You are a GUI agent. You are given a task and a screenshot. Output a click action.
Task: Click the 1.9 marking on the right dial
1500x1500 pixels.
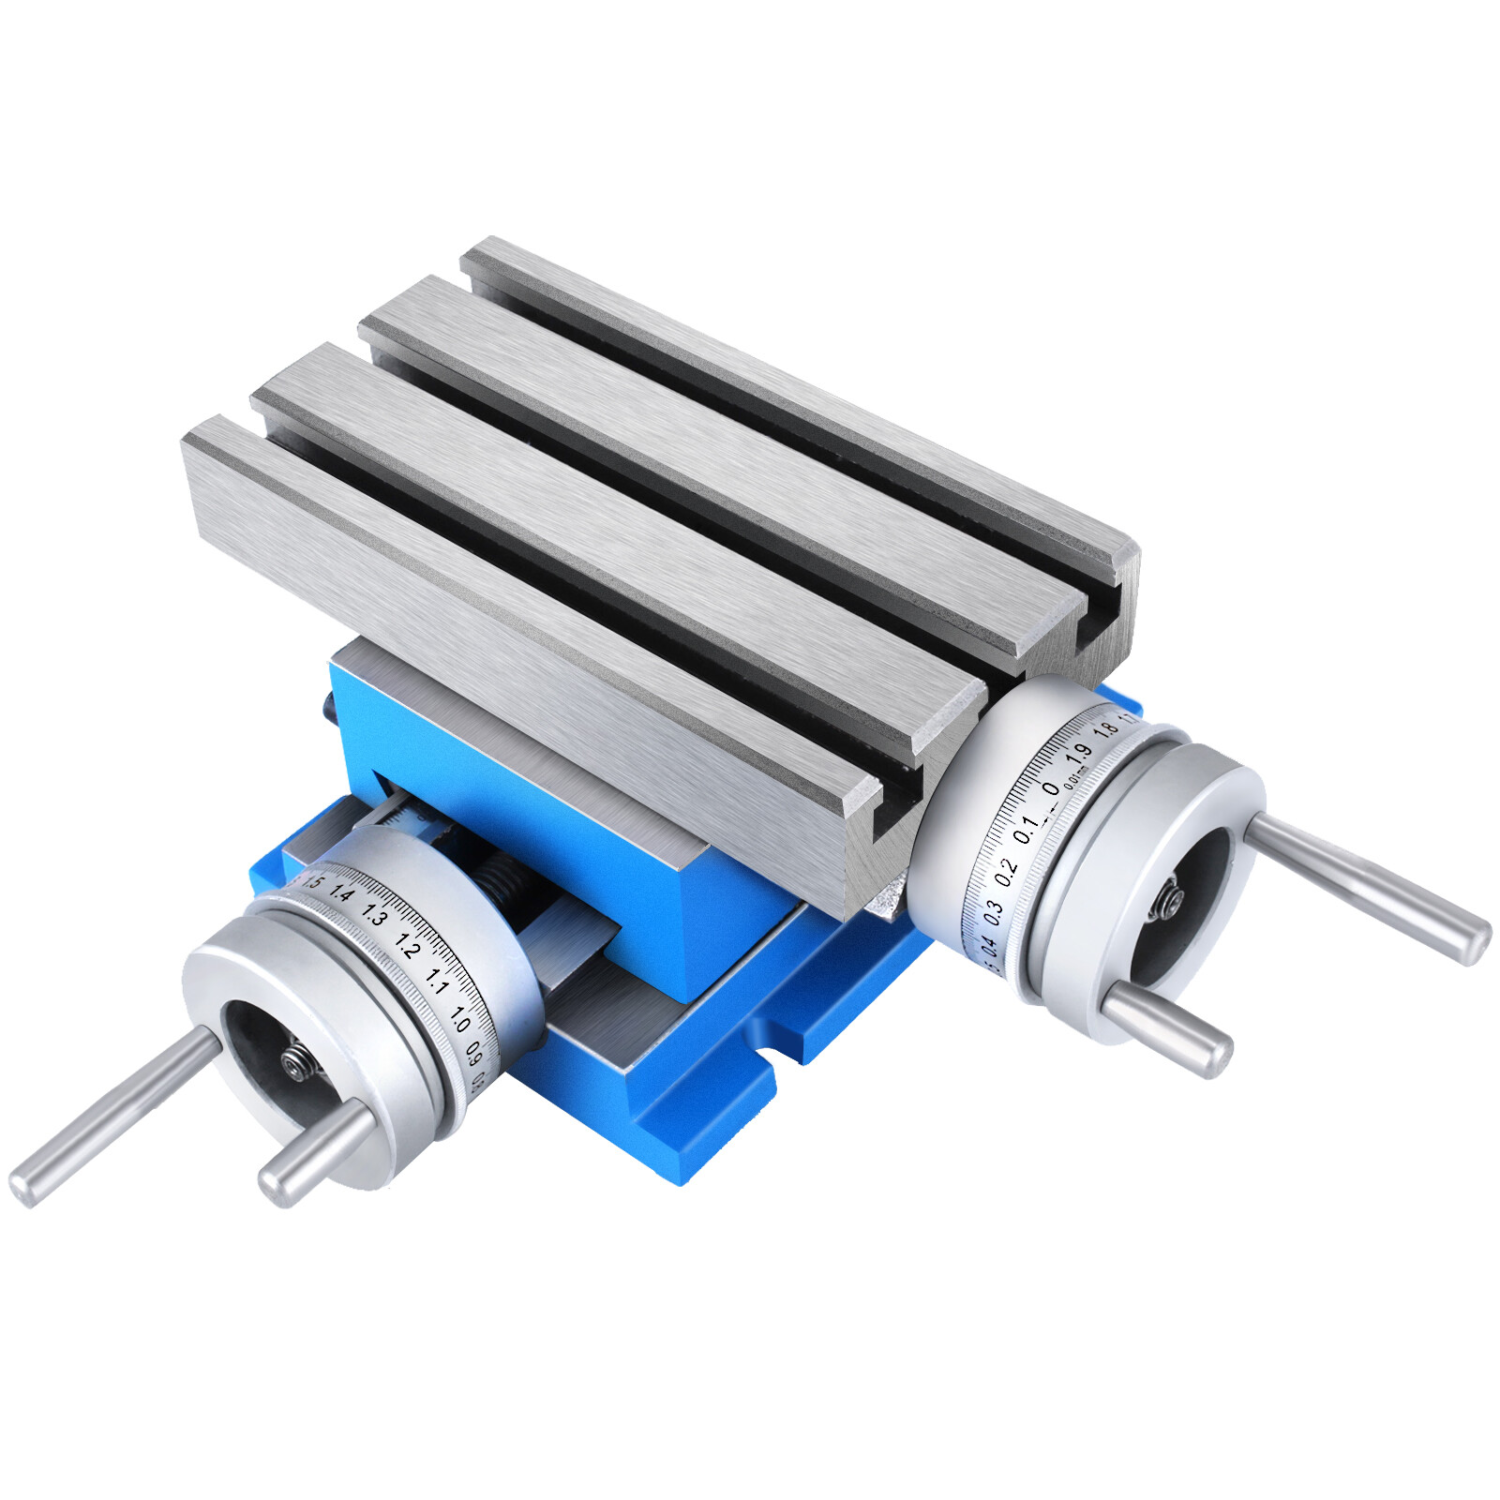pos(1078,753)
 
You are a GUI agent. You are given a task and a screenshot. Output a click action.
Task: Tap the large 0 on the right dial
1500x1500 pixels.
pos(1050,788)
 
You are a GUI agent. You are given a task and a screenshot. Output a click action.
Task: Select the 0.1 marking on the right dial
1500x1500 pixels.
pos(1026,828)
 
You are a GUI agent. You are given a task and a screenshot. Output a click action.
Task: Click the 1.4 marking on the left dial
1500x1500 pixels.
pos(342,895)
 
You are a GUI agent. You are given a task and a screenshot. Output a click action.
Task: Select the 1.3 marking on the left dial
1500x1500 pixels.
pos(375,915)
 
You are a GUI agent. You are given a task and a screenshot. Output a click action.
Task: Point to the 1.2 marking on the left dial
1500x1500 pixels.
pos(407,947)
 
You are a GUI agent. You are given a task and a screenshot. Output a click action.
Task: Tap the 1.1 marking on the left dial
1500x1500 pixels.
pos(436,982)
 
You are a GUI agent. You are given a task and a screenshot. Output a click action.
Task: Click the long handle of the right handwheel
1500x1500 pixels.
pos(1369,888)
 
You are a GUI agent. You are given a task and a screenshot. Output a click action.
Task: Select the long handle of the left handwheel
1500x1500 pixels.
pos(112,1116)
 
